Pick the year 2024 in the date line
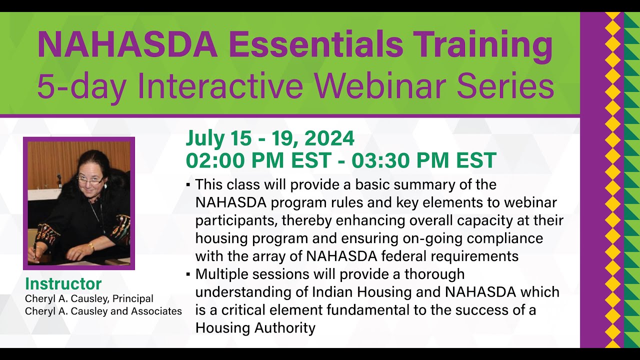point(329,138)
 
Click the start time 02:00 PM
point(232,160)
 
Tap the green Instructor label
point(63,284)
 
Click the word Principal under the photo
point(132,298)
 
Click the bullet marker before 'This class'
point(188,185)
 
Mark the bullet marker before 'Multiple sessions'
point(188,274)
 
